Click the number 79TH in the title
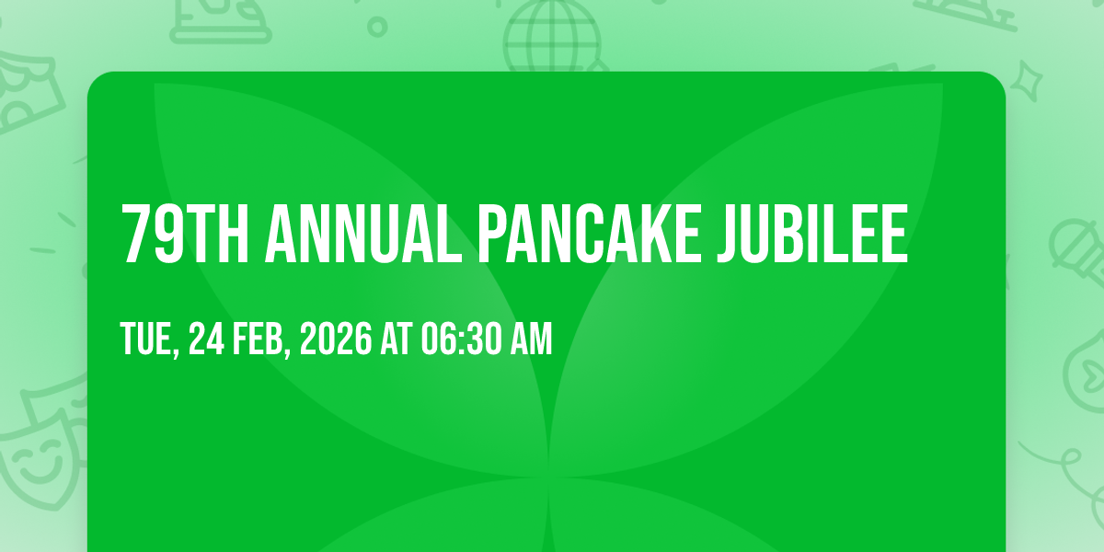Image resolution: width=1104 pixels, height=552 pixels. click(x=185, y=234)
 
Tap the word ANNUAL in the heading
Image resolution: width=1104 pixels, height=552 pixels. click(x=363, y=234)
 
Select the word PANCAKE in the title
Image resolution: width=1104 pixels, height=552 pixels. click(x=590, y=234)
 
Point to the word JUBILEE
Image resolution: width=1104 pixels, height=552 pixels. click(x=812, y=234)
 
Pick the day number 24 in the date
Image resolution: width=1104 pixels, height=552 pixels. click(x=206, y=339)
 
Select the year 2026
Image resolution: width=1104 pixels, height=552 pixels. click(x=336, y=339)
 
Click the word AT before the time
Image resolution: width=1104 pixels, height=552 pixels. click(x=396, y=339)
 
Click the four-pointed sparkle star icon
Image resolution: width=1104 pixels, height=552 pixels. click(x=1027, y=80)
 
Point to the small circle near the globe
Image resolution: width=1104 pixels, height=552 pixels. click(x=377, y=27)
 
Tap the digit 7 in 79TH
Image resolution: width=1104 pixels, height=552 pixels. click(x=135, y=234)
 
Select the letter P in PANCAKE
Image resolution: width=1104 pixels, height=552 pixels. click(x=493, y=234)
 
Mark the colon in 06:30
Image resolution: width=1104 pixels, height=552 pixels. click(x=461, y=340)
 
